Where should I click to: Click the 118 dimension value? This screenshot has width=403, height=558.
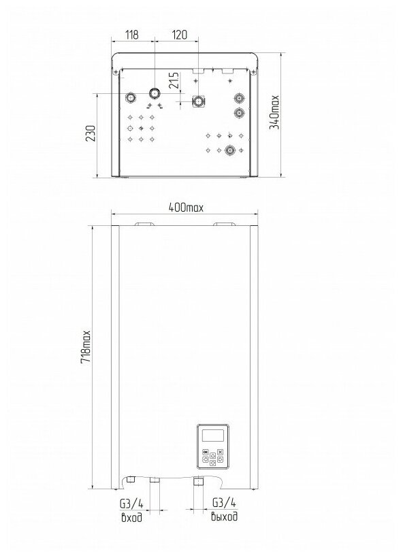pyautogui.click(x=131, y=35)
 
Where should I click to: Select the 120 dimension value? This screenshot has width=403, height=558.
pyautogui.click(x=180, y=35)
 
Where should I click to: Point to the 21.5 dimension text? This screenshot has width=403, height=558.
pyautogui.click(x=174, y=81)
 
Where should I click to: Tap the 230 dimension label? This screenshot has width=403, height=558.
pyautogui.click(x=91, y=133)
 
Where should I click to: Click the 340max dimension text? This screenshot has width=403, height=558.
pyautogui.click(x=274, y=112)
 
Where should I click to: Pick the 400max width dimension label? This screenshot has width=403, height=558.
pyautogui.click(x=186, y=207)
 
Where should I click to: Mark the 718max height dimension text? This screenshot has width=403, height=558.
pyautogui.click(x=86, y=347)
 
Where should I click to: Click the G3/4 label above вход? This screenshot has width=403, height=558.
pyautogui.click(x=131, y=504)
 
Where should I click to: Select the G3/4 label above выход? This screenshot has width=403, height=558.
pyautogui.click(x=224, y=502)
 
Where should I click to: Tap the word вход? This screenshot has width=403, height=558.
pyautogui.click(x=131, y=517)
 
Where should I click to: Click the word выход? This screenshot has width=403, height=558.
pyautogui.click(x=224, y=516)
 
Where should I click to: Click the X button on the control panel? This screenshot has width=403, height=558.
pyautogui.click(x=220, y=452)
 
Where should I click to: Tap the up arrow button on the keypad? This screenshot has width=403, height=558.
pyautogui.click(x=212, y=455)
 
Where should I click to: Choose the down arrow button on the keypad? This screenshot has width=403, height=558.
pyautogui.click(x=212, y=463)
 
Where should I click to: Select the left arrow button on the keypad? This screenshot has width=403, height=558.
pyautogui.click(x=206, y=459)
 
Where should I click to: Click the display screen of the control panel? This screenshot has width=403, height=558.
pyautogui.click(x=212, y=436)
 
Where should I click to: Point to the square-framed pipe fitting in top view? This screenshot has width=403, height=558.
pyautogui.click(x=197, y=101)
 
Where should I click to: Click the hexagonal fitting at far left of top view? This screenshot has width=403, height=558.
pyautogui.click(x=131, y=97)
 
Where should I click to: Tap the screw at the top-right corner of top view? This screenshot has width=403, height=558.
pyautogui.click(x=253, y=72)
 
